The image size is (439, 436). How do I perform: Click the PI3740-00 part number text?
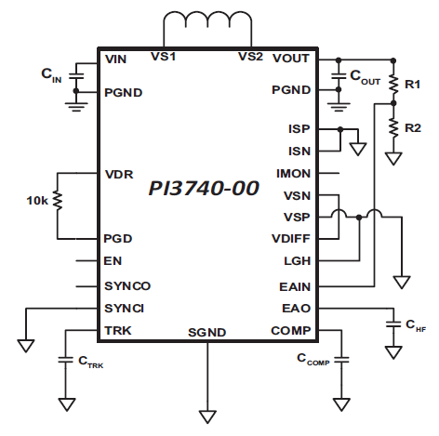(204, 188)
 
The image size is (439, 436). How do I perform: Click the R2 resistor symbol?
(393, 128)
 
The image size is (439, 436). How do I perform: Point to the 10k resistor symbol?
(58, 200)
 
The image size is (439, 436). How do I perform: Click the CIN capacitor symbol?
(76, 75)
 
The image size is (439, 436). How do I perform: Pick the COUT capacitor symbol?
(339, 75)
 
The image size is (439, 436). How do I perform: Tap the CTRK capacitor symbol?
(66, 360)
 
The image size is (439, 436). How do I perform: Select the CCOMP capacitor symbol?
(341, 360)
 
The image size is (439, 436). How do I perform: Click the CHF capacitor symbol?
(393, 324)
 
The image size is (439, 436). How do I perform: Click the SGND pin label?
(206, 333)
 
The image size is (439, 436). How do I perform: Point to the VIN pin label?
(115, 59)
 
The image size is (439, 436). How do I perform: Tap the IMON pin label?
(293, 174)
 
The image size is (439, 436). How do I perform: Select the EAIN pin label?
(295, 287)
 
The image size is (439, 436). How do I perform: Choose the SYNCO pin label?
(127, 285)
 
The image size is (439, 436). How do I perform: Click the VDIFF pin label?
(291, 239)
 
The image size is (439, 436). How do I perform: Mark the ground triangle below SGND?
(207, 416)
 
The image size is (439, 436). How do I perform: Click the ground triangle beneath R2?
(393, 158)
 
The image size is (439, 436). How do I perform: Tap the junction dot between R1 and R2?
(393, 103)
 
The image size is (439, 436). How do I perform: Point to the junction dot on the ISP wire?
(340, 129)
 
